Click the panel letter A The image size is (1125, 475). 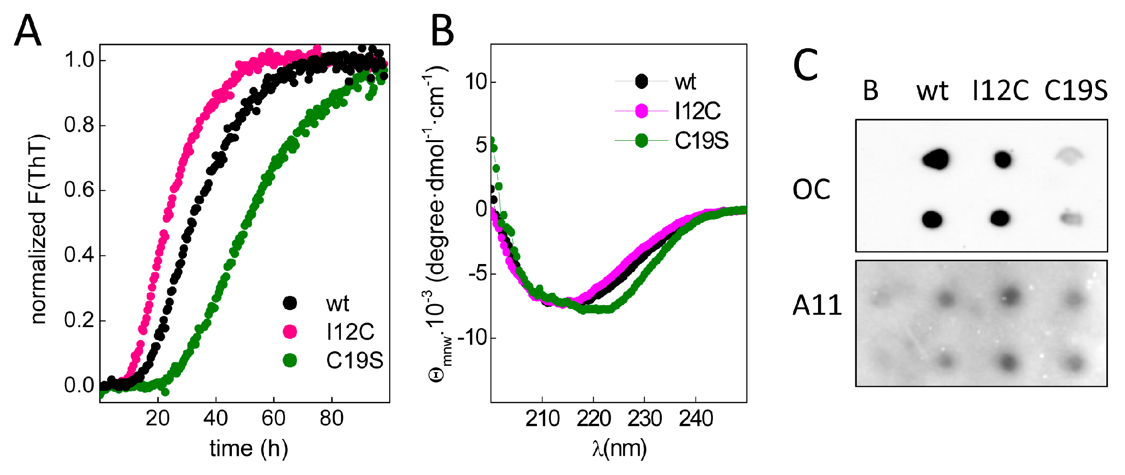(x=27, y=30)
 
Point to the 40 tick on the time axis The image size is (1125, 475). (x=215, y=418)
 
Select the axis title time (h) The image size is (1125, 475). (x=249, y=448)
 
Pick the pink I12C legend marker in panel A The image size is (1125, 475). (x=290, y=331)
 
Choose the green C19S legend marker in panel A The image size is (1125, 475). (x=290, y=360)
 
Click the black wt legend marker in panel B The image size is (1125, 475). (x=641, y=81)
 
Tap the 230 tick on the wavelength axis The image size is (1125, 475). (x=644, y=419)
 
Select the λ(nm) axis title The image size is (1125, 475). (x=619, y=448)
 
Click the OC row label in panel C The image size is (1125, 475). (x=811, y=189)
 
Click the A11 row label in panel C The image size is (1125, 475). (x=817, y=305)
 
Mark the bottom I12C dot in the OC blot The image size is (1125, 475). (x=1000, y=218)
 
